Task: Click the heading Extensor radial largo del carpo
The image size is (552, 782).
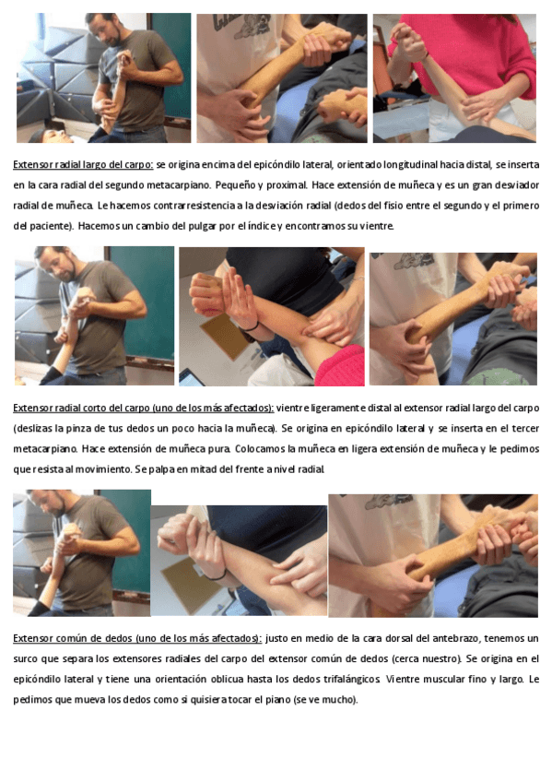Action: coord(83,164)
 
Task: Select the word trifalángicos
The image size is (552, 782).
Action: coord(352,680)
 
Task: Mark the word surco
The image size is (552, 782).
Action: coord(25,658)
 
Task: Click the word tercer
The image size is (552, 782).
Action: coord(526,429)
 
